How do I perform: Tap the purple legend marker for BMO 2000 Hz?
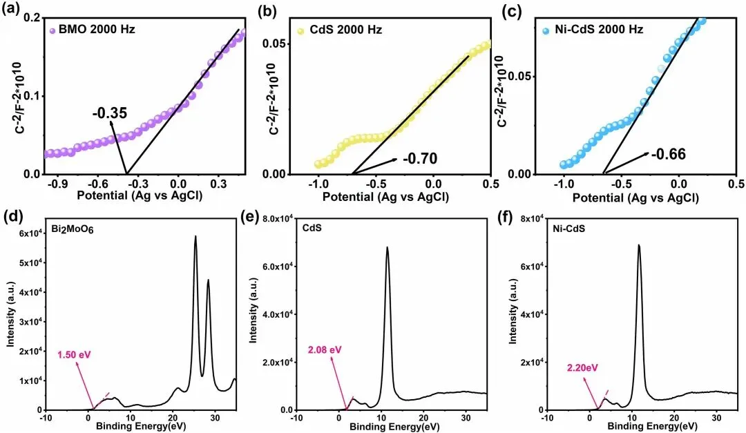click(52, 30)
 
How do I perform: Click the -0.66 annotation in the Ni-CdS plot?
click(667, 153)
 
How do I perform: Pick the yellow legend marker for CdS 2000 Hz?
click(301, 30)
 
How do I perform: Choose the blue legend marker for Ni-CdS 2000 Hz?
click(546, 30)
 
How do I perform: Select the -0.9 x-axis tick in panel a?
click(62, 185)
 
